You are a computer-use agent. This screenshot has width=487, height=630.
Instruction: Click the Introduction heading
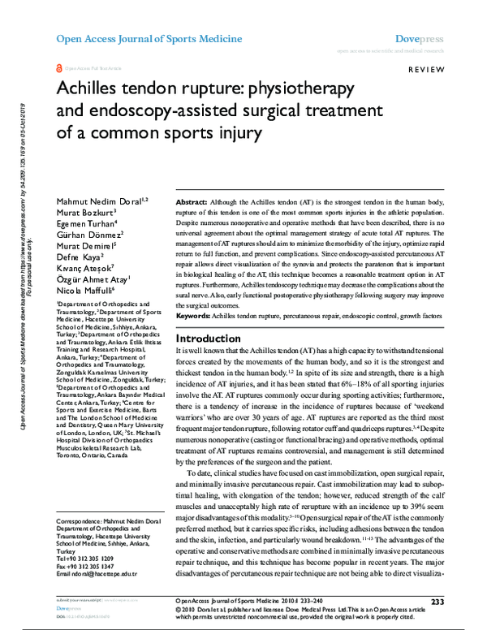(x=209, y=338)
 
